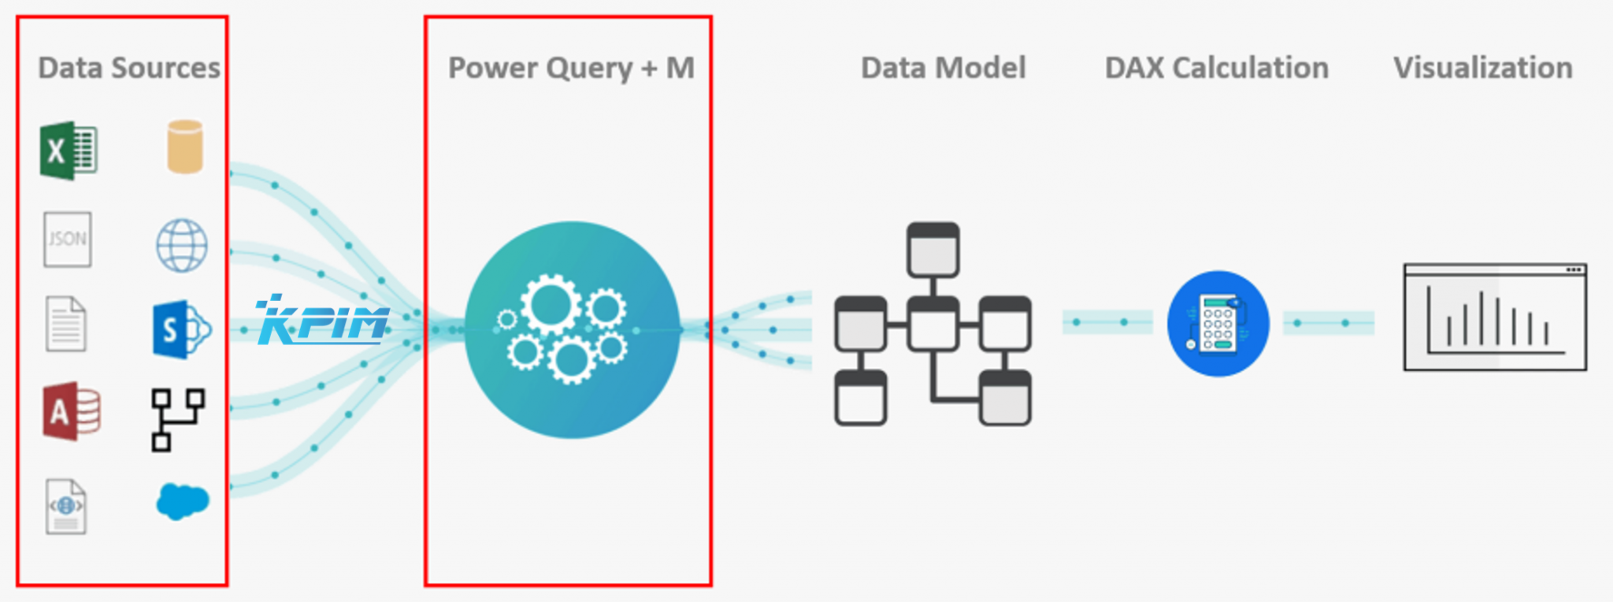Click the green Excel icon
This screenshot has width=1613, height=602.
[x=69, y=150]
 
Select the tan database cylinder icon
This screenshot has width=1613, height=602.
[x=185, y=147]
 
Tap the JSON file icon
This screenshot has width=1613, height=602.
[x=67, y=239]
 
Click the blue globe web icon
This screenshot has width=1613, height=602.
[x=182, y=246]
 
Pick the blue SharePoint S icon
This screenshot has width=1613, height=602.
[x=180, y=329]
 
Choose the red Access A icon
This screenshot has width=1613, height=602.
[x=71, y=411]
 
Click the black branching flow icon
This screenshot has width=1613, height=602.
[x=178, y=419]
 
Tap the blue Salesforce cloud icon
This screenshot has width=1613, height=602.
[x=183, y=500]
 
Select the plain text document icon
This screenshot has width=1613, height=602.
[x=66, y=324]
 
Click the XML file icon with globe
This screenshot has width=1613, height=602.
[x=66, y=507]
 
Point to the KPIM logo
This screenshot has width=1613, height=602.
[x=323, y=321]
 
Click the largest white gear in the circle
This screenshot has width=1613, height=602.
[x=551, y=304]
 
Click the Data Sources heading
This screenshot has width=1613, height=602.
[x=129, y=69]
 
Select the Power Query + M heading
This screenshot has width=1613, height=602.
[x=571, y=69]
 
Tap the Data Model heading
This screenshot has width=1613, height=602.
[x=943, y=69]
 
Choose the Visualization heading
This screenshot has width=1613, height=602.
[x=1482, y=69]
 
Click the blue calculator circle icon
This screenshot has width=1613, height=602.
[x=1218, y=324]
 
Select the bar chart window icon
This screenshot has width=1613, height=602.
[x=1495, y=318]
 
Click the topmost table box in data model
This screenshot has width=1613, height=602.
[x=933, y=250]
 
